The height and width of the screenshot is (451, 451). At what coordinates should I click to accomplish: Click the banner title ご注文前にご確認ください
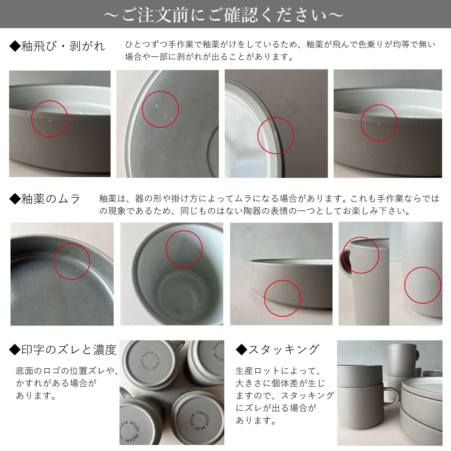click(x=224, y=15)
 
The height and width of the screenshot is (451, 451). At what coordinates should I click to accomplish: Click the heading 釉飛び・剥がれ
click(x=63, y=46)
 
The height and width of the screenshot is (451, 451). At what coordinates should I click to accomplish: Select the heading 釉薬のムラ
click(x=51, y=199)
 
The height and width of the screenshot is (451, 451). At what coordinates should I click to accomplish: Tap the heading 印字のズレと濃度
click(x=69, y=350)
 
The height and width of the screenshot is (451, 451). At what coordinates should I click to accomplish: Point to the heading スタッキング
click(x=284, y=350)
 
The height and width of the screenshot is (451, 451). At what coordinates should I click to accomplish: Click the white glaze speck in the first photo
click(x=50, y=121)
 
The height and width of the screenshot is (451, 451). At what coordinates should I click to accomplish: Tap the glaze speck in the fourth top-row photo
click(x=378, y=124)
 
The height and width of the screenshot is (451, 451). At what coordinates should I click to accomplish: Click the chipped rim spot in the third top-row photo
click(x=275, y=134)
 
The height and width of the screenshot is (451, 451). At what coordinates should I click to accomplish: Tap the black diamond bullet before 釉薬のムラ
click(x=15, y=199)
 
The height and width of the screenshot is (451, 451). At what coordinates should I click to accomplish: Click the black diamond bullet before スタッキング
click(x=242, y=350)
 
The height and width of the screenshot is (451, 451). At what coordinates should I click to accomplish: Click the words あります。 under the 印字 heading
click(x=36, y=395)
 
